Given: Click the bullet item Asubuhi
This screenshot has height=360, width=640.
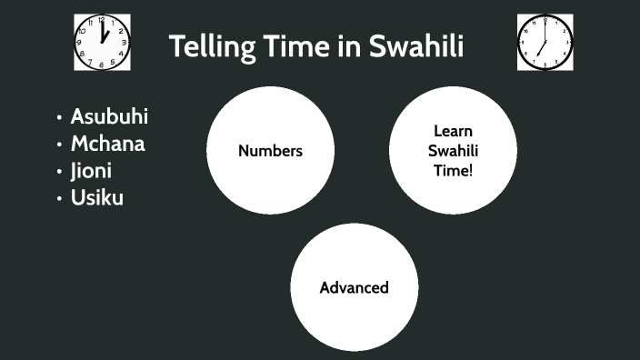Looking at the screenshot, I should coord(109,116).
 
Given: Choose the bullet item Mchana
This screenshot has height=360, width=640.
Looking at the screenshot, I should coord(107,144).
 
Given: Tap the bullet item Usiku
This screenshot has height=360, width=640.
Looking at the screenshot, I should coord(97,197).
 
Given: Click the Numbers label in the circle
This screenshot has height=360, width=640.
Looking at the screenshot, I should coord(270,151).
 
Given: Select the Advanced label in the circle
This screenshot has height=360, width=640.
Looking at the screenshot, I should coord(354,288).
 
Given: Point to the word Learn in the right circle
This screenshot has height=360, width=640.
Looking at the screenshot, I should coord(453,132).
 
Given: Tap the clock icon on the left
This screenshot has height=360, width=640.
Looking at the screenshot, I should coord(103,42).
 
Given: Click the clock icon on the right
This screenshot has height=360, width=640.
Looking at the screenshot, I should coord(545,42).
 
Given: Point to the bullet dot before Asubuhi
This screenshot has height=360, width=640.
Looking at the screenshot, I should coord(59,117).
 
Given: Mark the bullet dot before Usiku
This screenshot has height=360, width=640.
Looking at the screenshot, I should coord(59,198).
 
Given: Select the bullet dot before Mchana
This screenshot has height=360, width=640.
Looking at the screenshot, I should coord(59,145).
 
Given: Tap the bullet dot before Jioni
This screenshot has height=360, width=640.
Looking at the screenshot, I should coord(59,171).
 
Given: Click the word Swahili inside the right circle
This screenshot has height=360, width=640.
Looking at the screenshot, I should coord(453,151).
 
